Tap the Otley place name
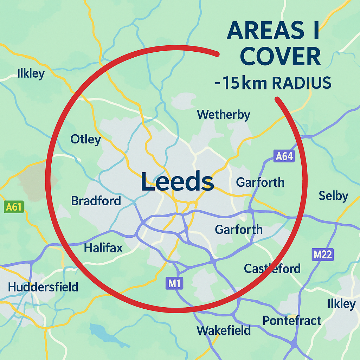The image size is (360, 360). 85,139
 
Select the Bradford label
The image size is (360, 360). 96,201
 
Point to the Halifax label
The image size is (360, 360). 103,248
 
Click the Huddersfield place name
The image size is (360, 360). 43,287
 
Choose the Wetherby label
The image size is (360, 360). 224,115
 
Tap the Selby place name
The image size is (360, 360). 333,196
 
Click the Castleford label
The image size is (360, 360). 272,269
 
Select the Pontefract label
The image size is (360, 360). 292,320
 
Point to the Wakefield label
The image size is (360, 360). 224,330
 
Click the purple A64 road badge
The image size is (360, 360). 284,156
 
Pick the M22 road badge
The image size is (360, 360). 322,255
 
